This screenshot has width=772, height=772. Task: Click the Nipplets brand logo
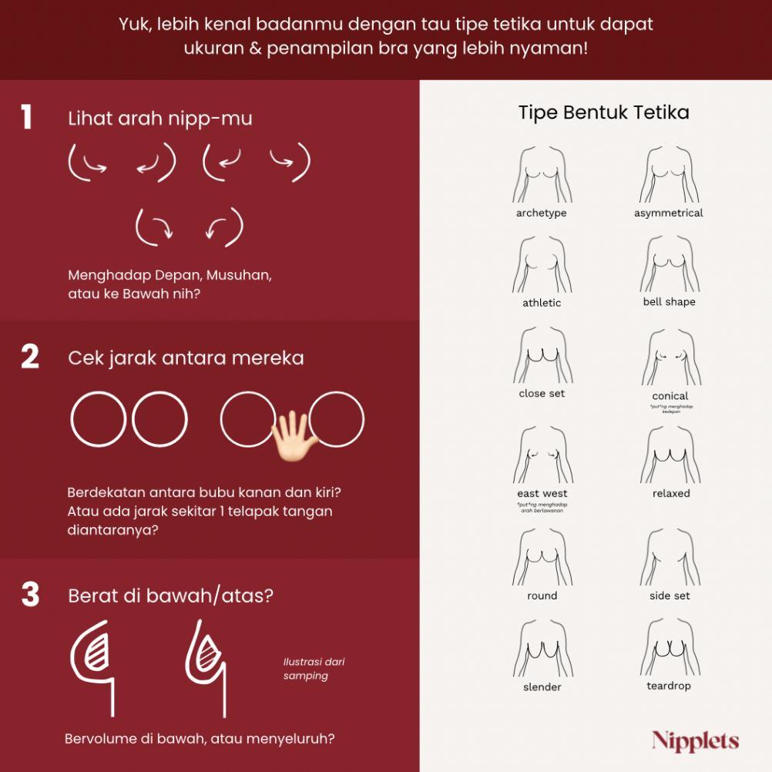695,741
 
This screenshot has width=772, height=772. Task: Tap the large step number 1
26,118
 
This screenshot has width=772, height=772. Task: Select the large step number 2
29,357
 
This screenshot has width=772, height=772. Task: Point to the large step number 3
29,596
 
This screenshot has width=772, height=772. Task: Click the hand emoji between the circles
292,435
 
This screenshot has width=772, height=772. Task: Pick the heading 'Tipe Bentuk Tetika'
603,112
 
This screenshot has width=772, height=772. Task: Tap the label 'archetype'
541,213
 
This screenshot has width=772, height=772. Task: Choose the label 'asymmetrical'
668,213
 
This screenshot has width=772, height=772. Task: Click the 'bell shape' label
669,302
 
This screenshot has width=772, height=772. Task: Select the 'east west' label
542,493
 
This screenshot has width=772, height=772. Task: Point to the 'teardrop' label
669,686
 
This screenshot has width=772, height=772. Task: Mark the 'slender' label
542,686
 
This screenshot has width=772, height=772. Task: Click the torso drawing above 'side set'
670,556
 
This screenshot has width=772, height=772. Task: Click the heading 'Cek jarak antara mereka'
186,358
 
